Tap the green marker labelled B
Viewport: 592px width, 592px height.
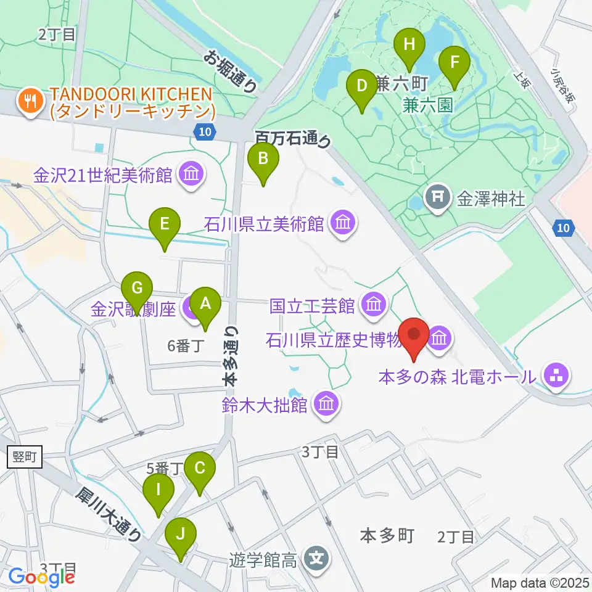point(263,160)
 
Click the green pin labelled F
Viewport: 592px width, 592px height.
point(454,62)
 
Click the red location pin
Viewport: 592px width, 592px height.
point(414,335)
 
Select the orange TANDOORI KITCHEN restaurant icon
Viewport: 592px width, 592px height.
point(28,98)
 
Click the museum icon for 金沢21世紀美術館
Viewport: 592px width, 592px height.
point(191,175)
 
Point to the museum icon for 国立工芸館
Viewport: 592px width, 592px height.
point(372,304)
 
